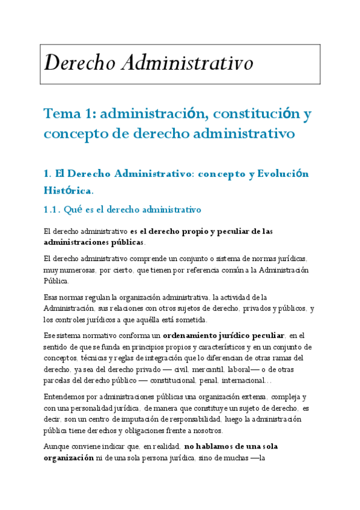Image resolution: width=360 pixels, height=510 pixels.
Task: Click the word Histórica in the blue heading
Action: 68,191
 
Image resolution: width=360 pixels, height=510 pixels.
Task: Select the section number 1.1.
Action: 53,210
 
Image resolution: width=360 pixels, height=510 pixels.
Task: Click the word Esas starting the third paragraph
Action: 52,297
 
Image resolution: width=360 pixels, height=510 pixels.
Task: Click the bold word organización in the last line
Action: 68,458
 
